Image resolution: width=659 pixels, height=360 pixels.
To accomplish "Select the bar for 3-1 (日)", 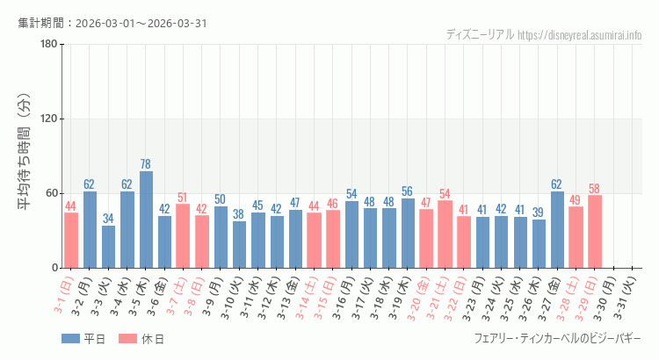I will point(71,240).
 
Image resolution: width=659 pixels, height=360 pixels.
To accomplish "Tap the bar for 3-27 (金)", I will point(557,229).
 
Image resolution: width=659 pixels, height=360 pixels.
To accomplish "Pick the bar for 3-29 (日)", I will point(595,231).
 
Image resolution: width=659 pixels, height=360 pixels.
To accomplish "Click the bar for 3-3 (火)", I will point(108,247).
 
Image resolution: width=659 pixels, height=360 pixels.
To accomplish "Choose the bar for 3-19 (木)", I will point(408,233).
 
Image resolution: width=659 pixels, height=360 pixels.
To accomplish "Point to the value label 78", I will point(146,164).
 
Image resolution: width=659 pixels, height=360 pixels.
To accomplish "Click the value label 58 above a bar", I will point(595,189).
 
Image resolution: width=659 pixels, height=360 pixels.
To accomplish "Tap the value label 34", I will point(108,219).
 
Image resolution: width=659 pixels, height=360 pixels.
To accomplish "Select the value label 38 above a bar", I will point(238,214).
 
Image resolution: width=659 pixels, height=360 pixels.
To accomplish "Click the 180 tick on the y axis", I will point(49,45).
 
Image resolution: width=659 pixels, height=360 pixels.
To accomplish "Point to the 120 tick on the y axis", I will point(49,119).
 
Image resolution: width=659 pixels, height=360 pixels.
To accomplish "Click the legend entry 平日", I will point(83,339).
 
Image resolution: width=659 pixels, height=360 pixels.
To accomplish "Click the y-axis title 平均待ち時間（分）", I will point(25,155).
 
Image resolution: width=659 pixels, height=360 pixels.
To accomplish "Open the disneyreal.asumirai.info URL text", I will point(580,35).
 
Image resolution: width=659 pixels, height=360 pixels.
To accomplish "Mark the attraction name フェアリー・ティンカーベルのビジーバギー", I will point(557,339).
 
